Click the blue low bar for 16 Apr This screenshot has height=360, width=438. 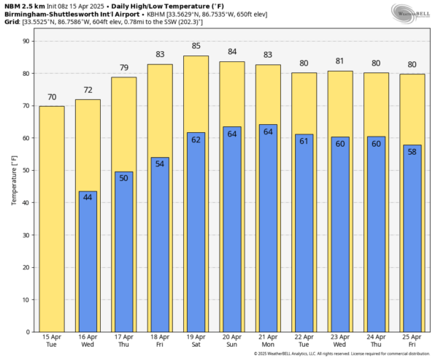click(88, 261)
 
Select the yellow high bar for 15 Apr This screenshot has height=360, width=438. click(51, 219)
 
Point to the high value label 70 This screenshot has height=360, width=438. click(51, 98)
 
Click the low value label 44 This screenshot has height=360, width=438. click(88, 197)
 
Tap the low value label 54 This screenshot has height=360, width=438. click(160, 163)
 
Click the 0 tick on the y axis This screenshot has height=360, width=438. click(27, 332)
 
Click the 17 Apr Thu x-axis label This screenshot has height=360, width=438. click(123, 341)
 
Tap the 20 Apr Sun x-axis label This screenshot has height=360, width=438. click(232, 341)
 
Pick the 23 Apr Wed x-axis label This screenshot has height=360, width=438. click(340, 341)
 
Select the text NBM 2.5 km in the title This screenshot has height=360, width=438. click(23, 6)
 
